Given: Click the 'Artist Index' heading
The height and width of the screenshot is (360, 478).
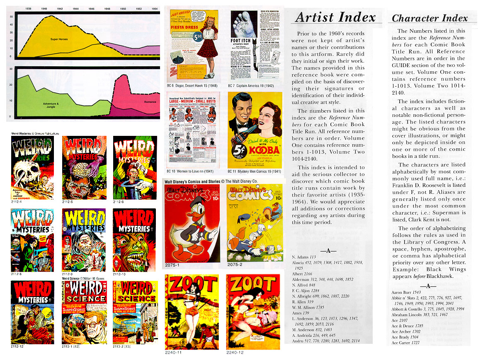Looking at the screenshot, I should (335, 17).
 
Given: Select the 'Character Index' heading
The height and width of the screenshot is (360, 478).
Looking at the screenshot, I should (429, 18).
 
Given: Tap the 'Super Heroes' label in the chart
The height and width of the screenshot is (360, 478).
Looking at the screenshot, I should (59, 39).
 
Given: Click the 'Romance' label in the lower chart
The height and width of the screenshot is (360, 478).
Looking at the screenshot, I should (150, 101).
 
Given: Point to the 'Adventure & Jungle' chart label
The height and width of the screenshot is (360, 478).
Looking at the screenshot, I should (51, 105).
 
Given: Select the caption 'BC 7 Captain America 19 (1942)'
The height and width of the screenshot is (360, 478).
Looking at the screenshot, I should (254, 85).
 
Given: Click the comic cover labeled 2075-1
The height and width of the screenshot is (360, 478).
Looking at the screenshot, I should (192, 222).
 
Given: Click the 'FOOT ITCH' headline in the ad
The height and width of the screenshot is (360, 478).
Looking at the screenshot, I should (241, 41).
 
